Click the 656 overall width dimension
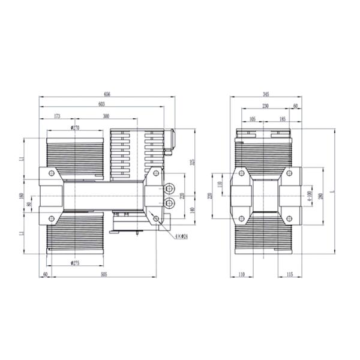tap(107, 94)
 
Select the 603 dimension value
tap(103, 104)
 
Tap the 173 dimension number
tap(56, 116)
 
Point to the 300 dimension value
tap(106, 116)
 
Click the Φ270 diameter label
tap(75, 127)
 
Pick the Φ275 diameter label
tap(76, 262)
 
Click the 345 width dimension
tap(265, 94)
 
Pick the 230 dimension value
tap(265, 106)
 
